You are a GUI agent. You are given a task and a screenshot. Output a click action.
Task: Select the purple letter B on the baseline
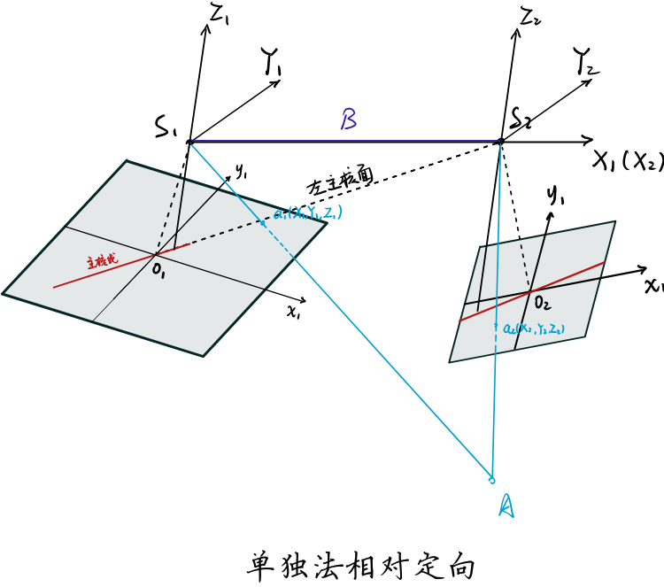click(x=349, y=120)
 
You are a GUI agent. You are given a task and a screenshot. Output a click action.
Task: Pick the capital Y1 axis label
click(x=271, y=61)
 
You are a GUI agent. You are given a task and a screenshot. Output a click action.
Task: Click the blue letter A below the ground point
click(x=506, y=506)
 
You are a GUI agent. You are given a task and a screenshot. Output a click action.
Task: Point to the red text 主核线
click(x=102, y=262)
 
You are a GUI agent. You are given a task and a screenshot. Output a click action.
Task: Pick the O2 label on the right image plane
click(x=541, y=304)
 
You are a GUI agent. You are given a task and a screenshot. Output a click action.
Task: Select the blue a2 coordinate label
click(x=534, y=328)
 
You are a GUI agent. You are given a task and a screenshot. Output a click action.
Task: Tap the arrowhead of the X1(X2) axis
click(x=589, y=139)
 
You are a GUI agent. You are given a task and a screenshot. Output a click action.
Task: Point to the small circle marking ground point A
click(x=490, y=479)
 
